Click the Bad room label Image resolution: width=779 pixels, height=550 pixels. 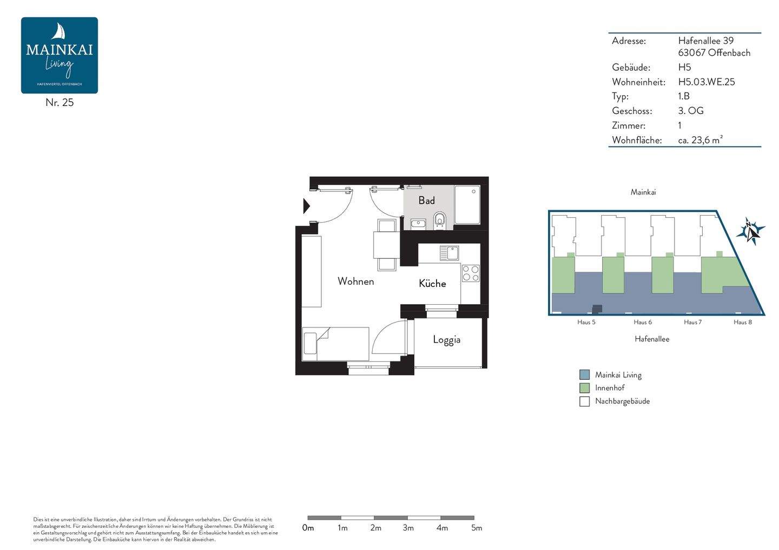pos(426,200)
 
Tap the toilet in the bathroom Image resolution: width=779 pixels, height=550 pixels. pos(440,220)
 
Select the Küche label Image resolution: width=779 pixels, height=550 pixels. pos(432,283)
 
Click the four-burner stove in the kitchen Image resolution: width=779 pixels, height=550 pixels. pos(471,273)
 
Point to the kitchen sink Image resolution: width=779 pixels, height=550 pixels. pos(450,253)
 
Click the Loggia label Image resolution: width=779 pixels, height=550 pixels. pos(446,340)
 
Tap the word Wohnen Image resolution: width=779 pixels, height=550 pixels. pos(356,281)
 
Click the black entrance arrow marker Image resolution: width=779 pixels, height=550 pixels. pos(306,206)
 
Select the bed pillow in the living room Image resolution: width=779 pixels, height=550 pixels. pos(310,343)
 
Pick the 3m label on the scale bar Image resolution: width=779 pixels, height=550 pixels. pos(408,528)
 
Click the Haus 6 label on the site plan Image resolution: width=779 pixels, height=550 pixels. pos(643,322)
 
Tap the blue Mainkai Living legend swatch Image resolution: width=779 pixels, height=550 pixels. pos(585,374)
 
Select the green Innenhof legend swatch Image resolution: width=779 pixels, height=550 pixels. pos(585,388)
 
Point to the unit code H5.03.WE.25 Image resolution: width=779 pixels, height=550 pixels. pos(707,82)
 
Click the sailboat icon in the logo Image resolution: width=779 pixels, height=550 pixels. pos(59,31)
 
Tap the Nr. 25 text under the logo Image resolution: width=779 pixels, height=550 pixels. pos(60,103)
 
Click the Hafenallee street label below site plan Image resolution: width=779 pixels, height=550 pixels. pos(652,339)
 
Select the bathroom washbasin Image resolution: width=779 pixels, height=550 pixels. pos(418,224)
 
